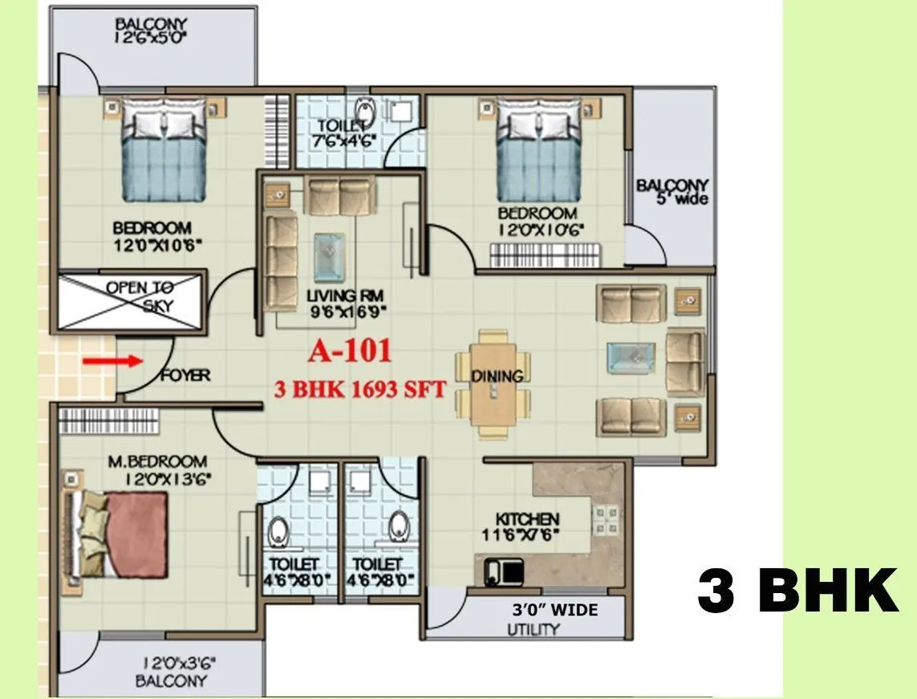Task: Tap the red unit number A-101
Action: (350, 351)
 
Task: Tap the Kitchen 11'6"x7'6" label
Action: (526, 526)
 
